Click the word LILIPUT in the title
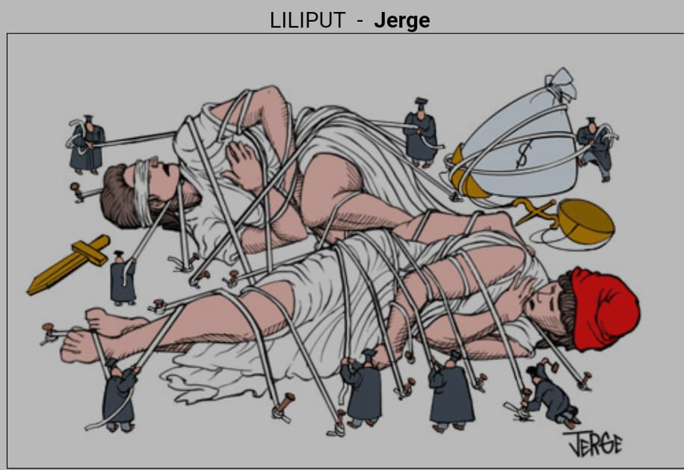[307, 19]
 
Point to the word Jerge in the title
[401, 19]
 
